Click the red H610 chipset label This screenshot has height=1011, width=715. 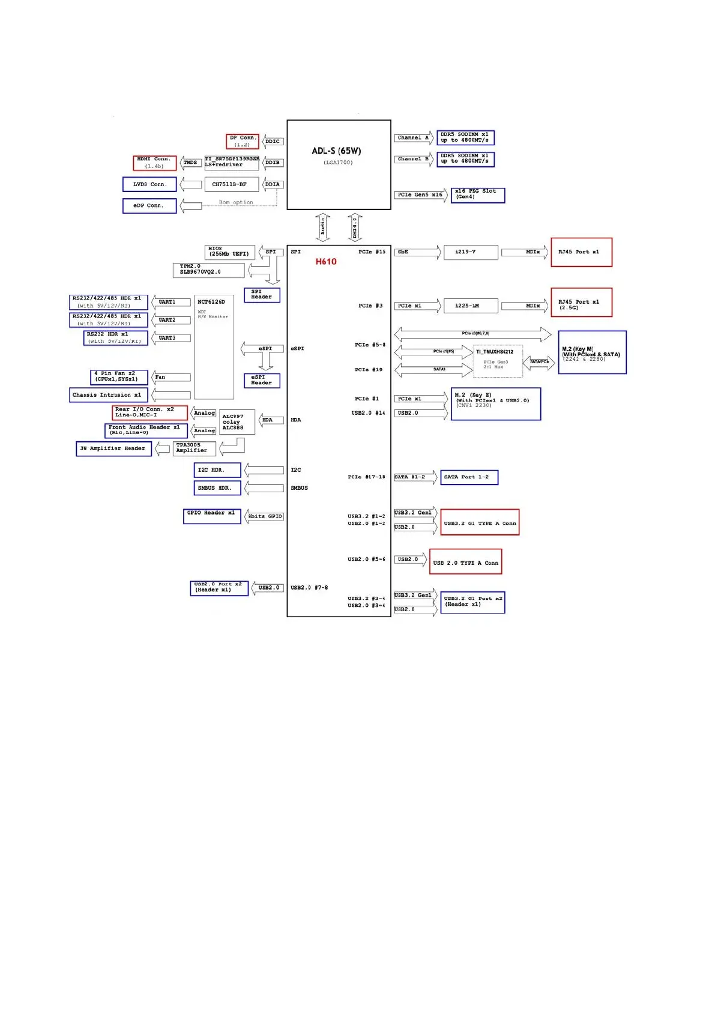[326, 262]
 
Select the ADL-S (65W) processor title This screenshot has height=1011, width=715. [336, 151]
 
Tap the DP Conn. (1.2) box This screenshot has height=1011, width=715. [243, 141]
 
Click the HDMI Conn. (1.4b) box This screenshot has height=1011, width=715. [154, 163]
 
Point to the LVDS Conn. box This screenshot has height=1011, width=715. [149, 184]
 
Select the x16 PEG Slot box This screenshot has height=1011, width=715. [477, 195]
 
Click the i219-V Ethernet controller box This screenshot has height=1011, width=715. [471, 252]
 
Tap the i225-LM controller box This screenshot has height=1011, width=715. [471, 306]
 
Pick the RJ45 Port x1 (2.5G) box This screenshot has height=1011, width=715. [581, 303]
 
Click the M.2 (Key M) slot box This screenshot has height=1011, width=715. [592, 352]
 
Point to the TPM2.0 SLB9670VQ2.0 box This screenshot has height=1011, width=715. [208, 270]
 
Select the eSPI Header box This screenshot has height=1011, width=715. [262, 381]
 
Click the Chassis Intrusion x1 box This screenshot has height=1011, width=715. [108, 395]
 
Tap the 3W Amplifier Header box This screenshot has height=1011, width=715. [113, 448]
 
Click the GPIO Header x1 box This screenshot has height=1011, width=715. [212, 516]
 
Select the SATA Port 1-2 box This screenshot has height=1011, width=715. [469, 477]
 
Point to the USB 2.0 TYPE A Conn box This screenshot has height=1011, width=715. [465, 562]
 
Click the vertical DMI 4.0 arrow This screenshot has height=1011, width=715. [355, 227]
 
